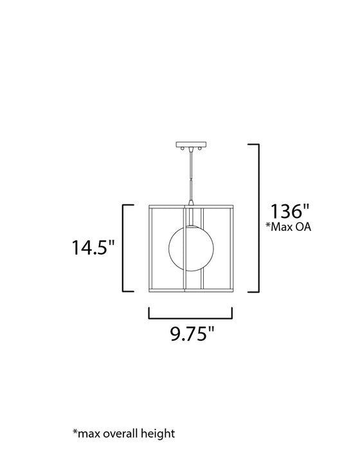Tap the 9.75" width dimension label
tap(191, 335)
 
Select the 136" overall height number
tap(289, 213)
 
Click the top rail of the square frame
tap(190, 206)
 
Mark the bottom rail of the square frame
tap(190, 291)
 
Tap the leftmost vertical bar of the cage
tap(150, 248)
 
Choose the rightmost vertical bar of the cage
tap(230, 248)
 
